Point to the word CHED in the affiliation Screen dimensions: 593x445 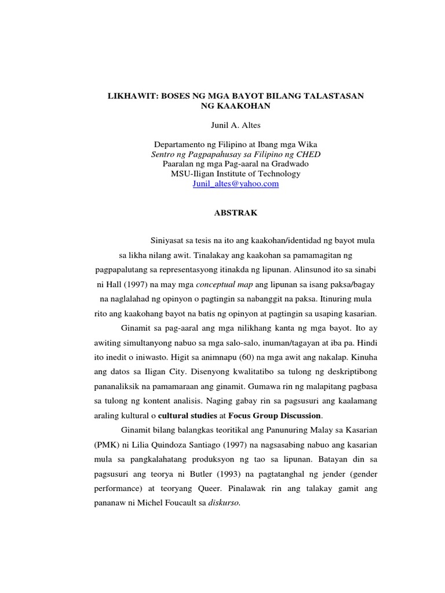[308, 154]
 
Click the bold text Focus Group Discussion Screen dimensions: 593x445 [274, 415]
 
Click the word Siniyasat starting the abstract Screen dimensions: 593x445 [167, 240]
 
